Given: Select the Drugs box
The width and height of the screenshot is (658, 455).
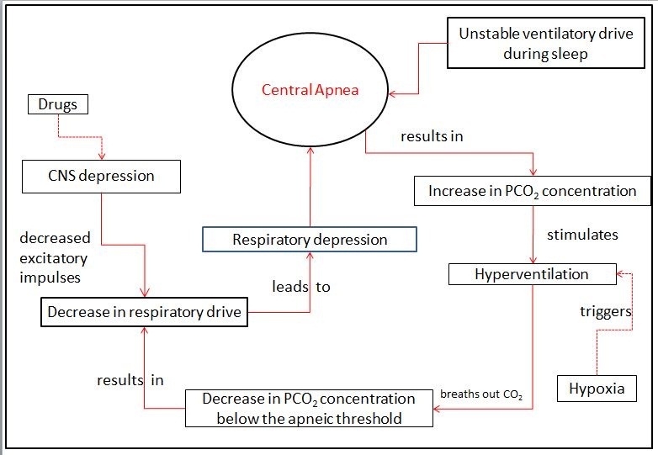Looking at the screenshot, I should [56, 105].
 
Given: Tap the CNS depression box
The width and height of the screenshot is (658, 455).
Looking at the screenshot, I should [100, 176].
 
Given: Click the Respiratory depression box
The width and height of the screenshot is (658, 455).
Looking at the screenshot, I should [310, 240].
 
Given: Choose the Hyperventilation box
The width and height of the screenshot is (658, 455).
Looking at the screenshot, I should [531, 273].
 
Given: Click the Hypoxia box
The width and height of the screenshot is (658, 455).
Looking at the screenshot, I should [596, 389].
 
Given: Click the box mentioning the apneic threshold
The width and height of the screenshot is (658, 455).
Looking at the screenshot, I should [310, 407].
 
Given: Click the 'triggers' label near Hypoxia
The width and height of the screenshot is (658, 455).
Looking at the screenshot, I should [605, 311].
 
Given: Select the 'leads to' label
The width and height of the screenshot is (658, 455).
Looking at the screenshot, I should [300, 287].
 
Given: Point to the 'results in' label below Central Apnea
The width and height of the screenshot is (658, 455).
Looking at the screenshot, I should [432, 135].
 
